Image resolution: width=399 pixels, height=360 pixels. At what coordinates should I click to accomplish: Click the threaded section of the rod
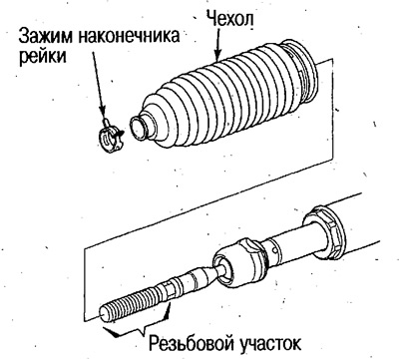135,302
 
